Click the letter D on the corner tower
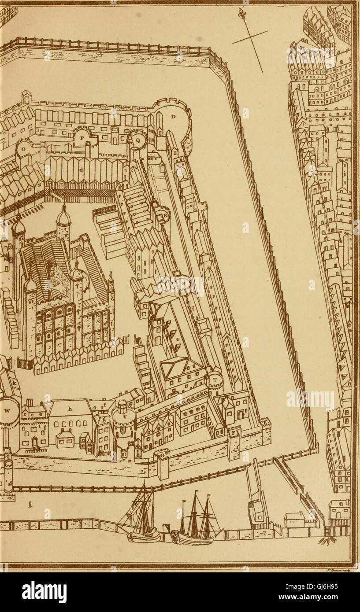point(173,117)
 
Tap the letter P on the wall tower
point(82,137)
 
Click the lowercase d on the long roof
point(81,169)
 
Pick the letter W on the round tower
point(7,410)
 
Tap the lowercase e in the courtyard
point(178,339)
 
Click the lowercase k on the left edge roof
point(15,383)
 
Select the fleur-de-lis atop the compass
point(241,13)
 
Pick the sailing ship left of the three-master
point(142,515)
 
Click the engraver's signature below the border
point(338,570)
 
